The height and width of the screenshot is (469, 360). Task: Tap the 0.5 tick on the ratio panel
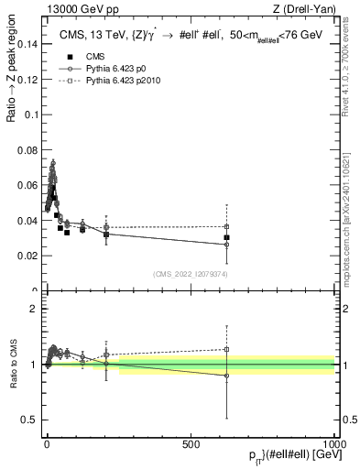click(x=31, y=420)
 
